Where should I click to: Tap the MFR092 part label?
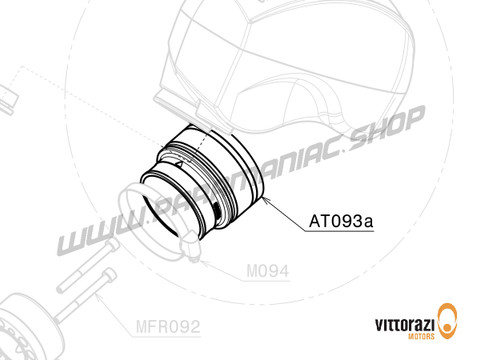point(168,325)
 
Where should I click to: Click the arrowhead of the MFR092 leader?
point(98,296)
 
